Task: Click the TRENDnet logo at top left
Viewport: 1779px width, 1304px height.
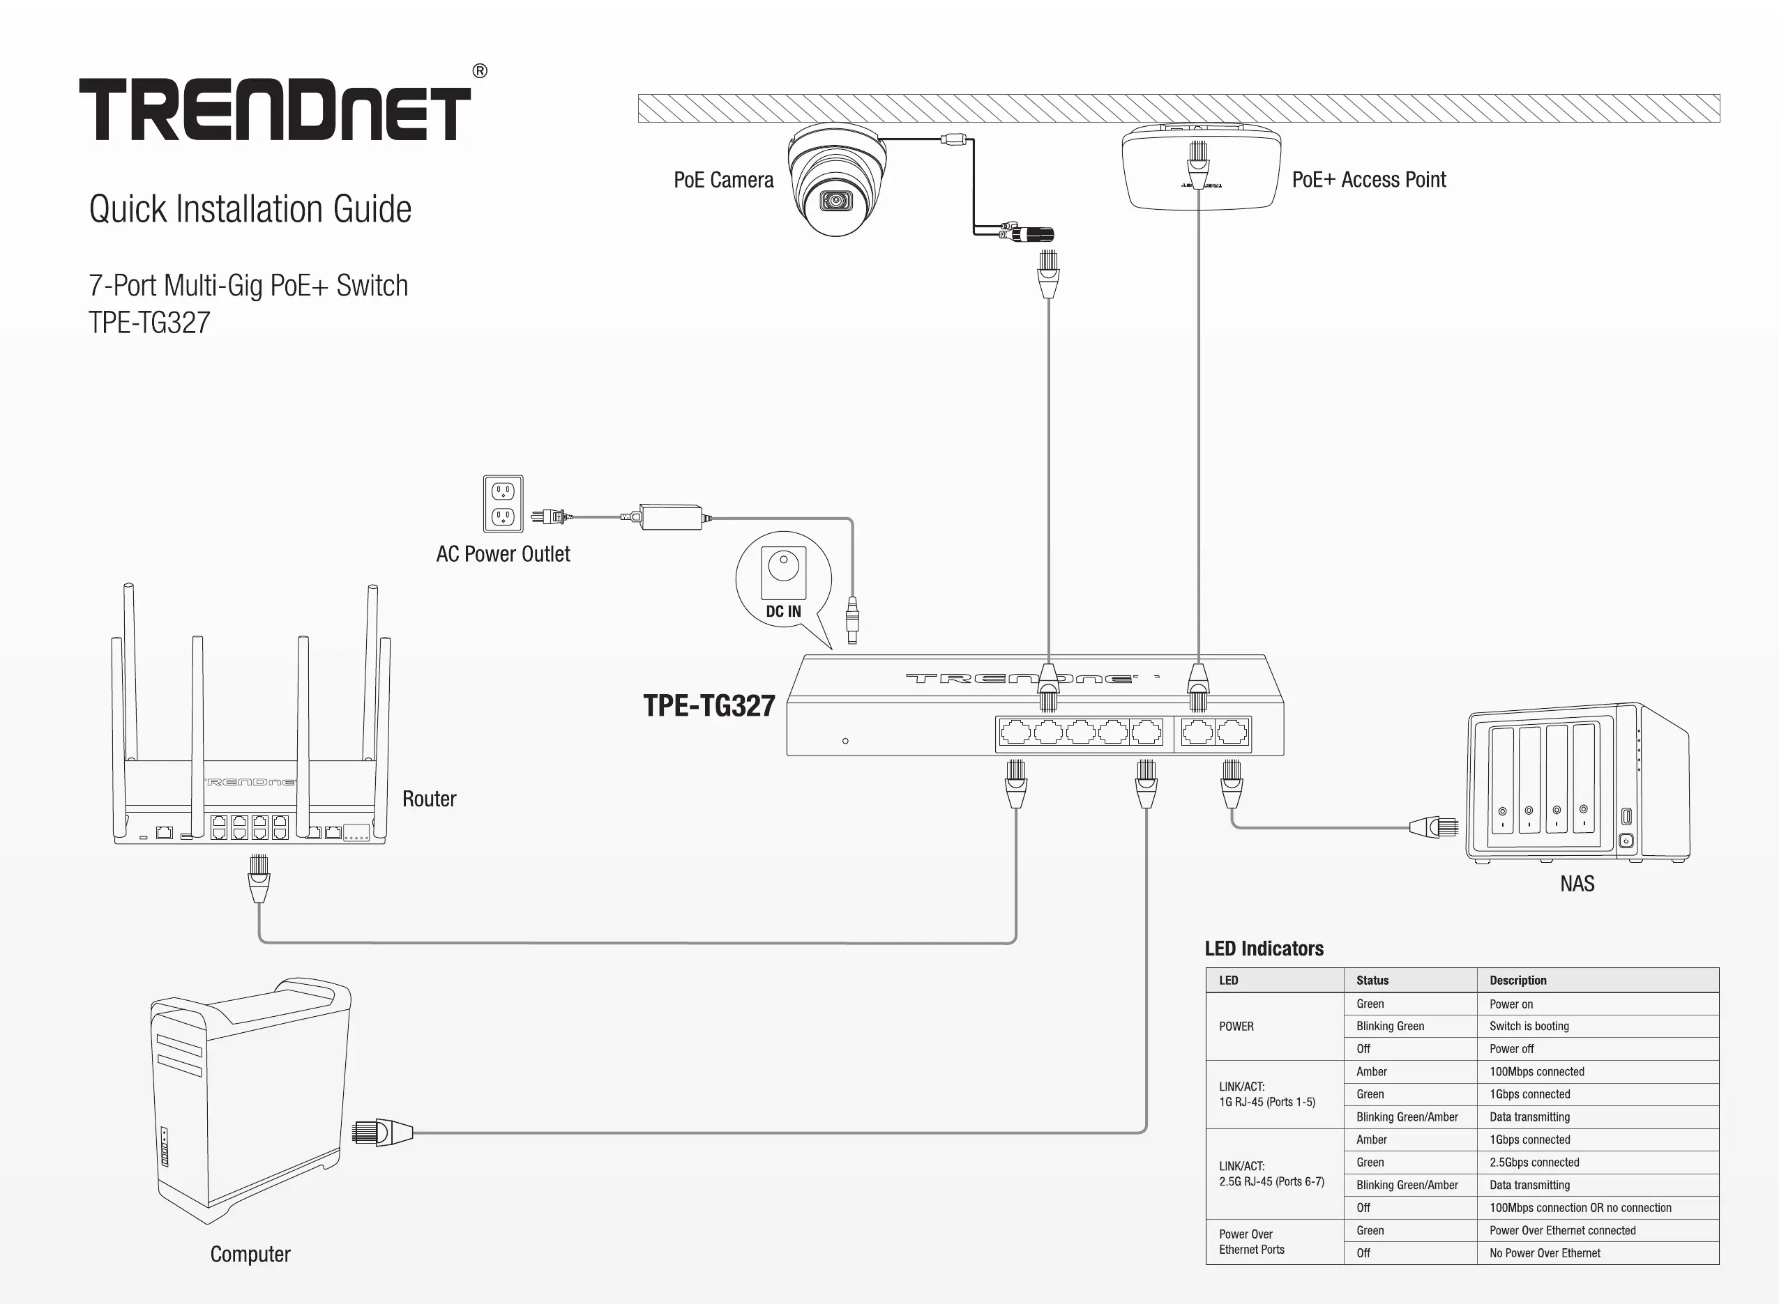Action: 275,109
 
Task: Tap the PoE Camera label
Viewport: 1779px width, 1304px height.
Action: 723,180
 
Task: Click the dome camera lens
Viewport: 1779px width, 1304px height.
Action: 835,201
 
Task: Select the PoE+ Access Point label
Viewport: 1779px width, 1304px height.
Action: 1368,180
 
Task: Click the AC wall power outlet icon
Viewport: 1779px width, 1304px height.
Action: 503,504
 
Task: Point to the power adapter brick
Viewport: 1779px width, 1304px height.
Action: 671,517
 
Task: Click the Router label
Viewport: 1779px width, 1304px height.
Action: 429,799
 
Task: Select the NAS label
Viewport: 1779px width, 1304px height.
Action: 1577,883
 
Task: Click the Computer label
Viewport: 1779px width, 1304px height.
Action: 250,1255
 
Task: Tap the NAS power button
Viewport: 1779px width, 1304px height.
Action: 1626,841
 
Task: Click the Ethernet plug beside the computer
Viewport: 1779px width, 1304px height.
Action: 382,1132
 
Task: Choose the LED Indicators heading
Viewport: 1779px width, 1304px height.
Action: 1264,949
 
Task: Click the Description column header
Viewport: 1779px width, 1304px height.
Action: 1517,981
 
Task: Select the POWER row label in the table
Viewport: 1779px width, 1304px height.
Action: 1236,1026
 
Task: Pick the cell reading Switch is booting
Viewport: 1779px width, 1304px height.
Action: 1529,1026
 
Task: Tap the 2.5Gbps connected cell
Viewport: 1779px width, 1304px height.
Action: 1534,1163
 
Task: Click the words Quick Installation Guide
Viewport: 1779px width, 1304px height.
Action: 250,209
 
